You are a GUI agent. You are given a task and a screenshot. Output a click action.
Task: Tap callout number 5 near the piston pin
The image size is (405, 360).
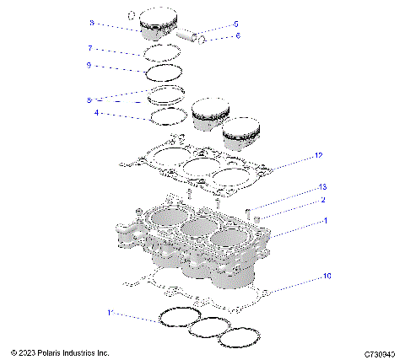tap(236, 24)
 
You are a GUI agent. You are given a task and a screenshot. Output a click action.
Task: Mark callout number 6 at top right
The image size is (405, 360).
tap(236, 36)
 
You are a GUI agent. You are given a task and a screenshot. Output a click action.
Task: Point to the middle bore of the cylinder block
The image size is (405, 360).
tap(186, 230)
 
